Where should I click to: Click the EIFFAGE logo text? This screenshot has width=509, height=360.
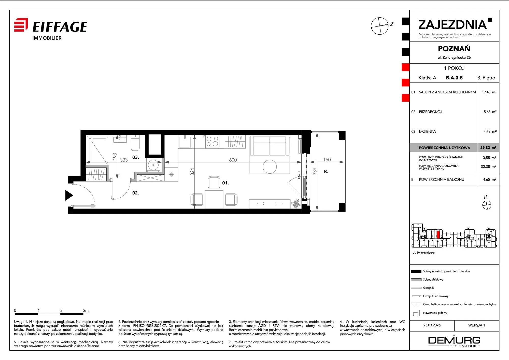tap(60, 27)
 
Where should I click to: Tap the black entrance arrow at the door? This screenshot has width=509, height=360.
tap(69, 196)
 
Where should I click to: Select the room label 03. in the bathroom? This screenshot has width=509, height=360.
tap(136, 157)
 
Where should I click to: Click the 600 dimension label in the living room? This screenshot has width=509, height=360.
tap(233, 160)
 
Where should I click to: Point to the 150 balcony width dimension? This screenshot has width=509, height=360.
tap(327, 160)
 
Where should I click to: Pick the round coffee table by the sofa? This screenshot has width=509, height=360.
tap(270, 167)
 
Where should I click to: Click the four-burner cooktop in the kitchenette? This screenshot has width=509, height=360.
tap(213, 141)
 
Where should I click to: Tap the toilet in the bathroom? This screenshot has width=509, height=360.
tap(135, 143)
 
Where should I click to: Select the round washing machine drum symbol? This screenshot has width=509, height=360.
tap(153, 165)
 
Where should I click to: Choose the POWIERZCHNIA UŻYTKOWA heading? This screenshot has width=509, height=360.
tap(444, 148)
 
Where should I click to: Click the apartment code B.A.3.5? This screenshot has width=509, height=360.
tap(454, 78)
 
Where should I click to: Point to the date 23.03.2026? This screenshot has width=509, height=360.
tap(432, 325)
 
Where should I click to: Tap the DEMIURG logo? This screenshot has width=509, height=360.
tap(454, 341)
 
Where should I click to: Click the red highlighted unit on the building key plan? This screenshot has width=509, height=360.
tap(438, 234)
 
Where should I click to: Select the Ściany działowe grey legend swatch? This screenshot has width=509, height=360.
tap(416, 280)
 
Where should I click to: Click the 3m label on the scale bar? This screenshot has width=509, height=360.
tap(86, 310)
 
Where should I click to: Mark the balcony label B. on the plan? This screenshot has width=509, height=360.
tap(326, 172)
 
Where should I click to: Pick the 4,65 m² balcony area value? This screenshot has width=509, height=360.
tap(490, 179)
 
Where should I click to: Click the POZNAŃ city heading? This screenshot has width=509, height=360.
tap(454, 49)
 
